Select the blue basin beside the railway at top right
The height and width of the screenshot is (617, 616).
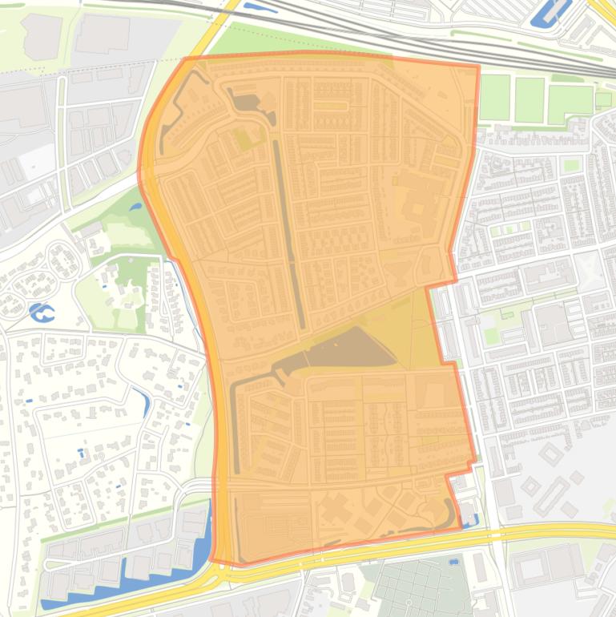tap(552, 12)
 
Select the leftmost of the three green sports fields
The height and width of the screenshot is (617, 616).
tap(494, 97)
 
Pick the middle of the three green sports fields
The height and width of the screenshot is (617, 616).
tap(529, 99)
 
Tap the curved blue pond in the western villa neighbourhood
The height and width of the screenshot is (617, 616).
tap(143, 401)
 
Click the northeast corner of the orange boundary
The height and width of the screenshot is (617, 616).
tap(478, 67)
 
